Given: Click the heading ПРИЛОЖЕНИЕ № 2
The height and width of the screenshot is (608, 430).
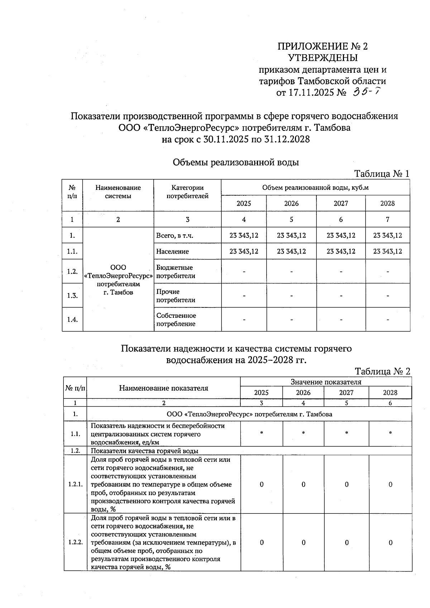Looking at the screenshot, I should tap(322, 47).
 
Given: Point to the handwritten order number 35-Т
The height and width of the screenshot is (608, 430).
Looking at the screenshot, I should tap(365, 92).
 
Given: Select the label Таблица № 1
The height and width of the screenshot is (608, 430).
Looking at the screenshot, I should tap(382, 174).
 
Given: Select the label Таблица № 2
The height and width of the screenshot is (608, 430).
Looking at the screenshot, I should tap(382, 372).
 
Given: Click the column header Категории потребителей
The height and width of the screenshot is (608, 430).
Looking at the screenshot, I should tap(187, 192).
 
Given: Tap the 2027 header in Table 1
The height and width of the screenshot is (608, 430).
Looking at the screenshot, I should tap(341, 204).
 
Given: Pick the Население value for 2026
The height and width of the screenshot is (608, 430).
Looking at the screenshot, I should tap(291, 252).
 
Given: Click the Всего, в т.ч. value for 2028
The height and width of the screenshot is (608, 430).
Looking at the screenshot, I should tap(387, 235).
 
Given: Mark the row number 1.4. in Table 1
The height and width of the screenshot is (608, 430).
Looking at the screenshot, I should tap(72, 320).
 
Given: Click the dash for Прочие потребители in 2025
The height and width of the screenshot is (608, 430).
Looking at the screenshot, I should tap(244, 296).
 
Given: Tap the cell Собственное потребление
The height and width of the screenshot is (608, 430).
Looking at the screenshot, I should tap(176, 320).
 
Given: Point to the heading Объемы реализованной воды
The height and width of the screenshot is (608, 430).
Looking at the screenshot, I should tap(236, 162).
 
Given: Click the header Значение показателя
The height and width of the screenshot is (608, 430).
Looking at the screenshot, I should tap(326, 382).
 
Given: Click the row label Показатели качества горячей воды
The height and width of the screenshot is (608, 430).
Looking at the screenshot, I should tap(144, 451).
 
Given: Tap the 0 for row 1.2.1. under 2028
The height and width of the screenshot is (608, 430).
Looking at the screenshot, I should tap(390, 485).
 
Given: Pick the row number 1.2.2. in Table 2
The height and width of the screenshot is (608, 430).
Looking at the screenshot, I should tap(75, 542).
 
